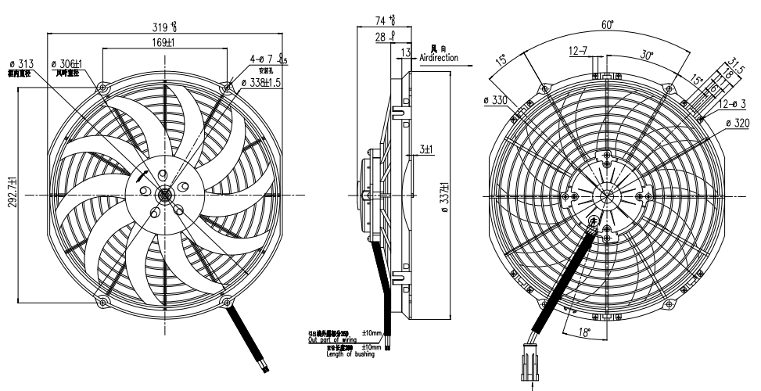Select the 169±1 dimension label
point(163,43)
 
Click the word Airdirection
point(439,58)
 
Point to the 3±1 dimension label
point(426,149)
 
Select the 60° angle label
point(607,25)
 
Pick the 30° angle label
point(648,56)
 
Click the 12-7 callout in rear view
point(579,52)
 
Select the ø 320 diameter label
point(738,123)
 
